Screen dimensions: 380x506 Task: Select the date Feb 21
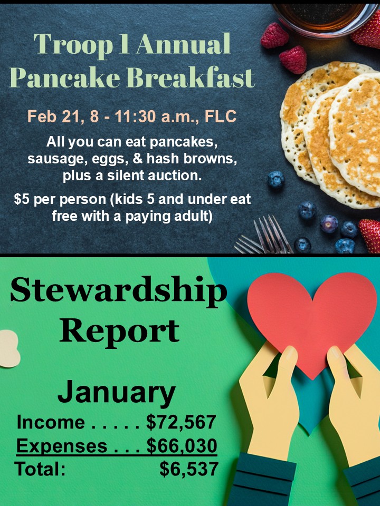(x=54, y=116)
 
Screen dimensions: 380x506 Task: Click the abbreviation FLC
(x=221, y=116)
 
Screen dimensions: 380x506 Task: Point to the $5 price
(x=22, y=199)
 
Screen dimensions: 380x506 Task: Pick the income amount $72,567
(x=181, y=422)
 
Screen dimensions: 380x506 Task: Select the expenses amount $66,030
(x=182, y=446)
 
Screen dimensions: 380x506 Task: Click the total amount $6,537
(x=189, y=469)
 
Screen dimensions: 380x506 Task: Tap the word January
(x=116, y=392)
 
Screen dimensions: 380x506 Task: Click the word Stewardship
(x=119, y=291)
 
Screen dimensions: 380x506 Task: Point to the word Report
(x=119, y=332)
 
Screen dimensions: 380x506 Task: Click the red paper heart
(x=311, y=319)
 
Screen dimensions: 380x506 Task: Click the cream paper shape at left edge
(x=9, y=348)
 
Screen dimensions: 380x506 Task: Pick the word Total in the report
(x=40, y=469)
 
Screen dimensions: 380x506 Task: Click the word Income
(x=51, y=422)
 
